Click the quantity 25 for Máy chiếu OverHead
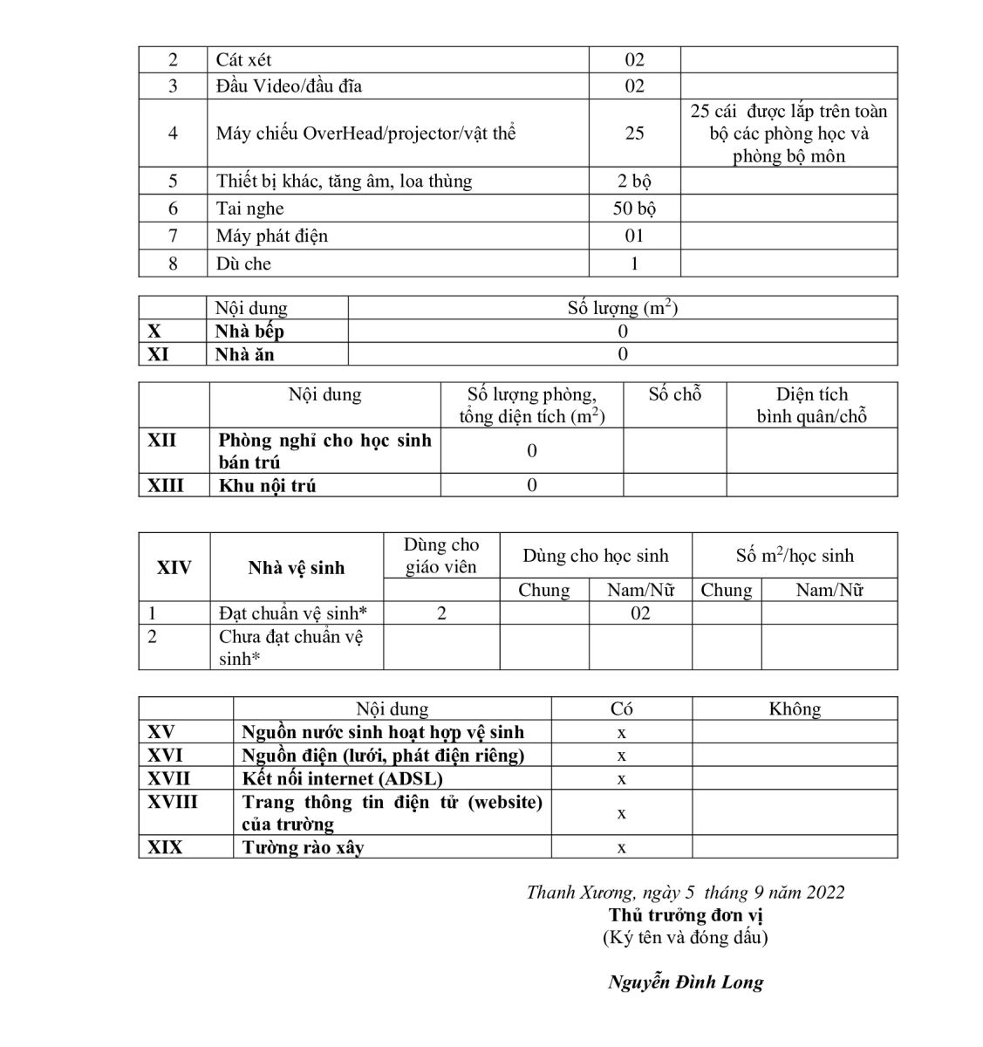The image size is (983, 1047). click(634, 133)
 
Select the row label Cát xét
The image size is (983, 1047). click(243, 60)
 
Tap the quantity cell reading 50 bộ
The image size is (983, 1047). click(634, 209)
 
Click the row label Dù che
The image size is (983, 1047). click(243, 263)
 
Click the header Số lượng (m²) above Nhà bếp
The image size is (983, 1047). click(622, 308)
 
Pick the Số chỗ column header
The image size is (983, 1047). click(674, 394)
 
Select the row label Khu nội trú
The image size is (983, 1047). click(267, 486)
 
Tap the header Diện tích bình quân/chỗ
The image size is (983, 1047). click(811, 406)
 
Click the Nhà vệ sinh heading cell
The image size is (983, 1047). click(296, 568)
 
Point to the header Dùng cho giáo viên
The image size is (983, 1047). click(441, 556)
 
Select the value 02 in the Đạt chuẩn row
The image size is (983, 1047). click(640, 613)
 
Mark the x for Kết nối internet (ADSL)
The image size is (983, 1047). click(621, 778)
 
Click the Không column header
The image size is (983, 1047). click(794, 709)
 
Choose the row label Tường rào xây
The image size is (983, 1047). click(303, 847)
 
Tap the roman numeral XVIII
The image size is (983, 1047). click(173, 802)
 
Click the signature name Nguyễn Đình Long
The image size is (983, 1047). click(685, 982)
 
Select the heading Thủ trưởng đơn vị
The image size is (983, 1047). click(686, 915)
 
